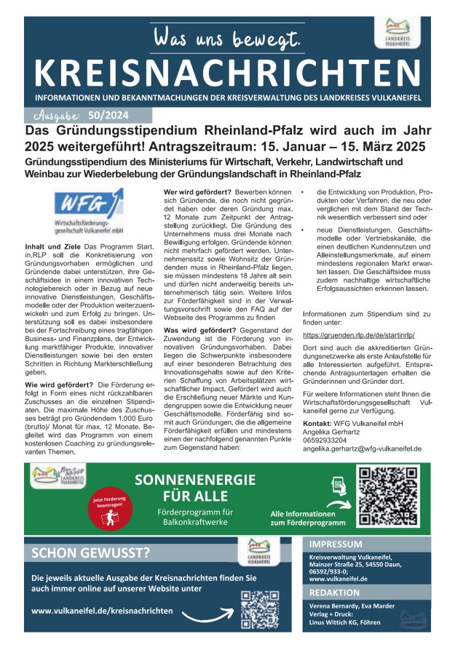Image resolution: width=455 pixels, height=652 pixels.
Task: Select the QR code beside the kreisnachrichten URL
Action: [x=259, y=608]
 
